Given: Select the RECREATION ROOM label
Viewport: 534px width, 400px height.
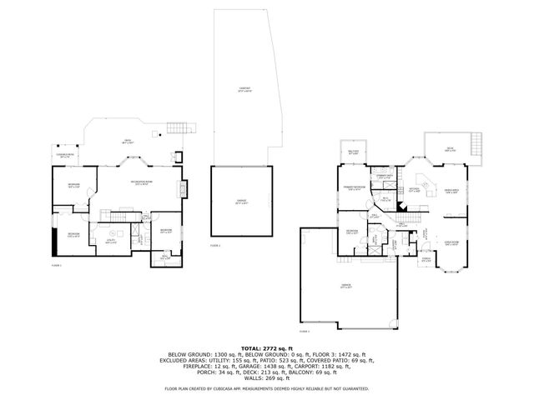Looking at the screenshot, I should tap(139, 183).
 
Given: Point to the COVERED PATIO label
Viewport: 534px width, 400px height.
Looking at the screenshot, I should tap(65, 155).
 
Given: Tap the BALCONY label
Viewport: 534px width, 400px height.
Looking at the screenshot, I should tap(352, 152).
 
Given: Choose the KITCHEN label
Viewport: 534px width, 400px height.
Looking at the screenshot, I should tap(412, 189).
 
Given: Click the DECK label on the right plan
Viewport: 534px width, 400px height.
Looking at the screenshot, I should tap(450, 149).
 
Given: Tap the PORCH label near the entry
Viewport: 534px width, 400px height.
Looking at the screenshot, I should tap(426, 259).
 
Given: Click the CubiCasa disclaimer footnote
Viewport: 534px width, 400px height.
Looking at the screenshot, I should tap(266, 389).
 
